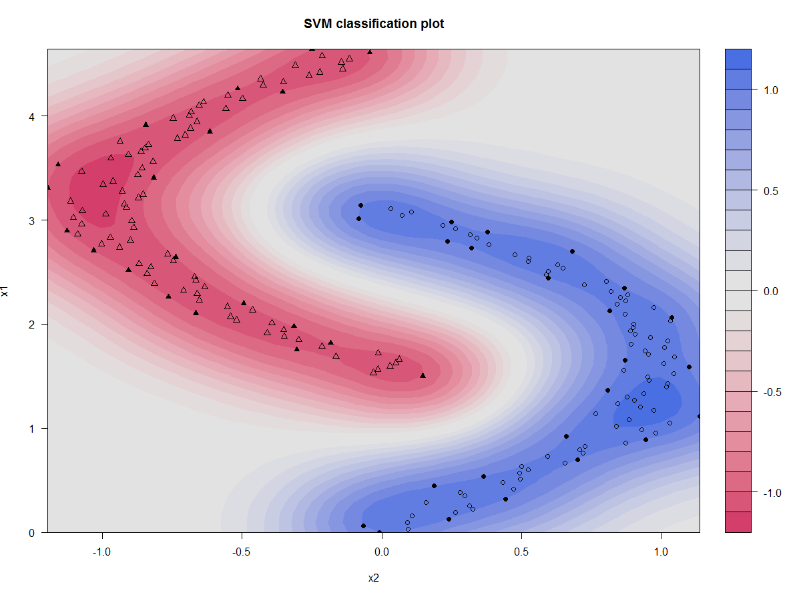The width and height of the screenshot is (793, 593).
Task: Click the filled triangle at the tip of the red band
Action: coord(423,375)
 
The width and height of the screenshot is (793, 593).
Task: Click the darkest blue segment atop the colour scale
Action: coord(738,59)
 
